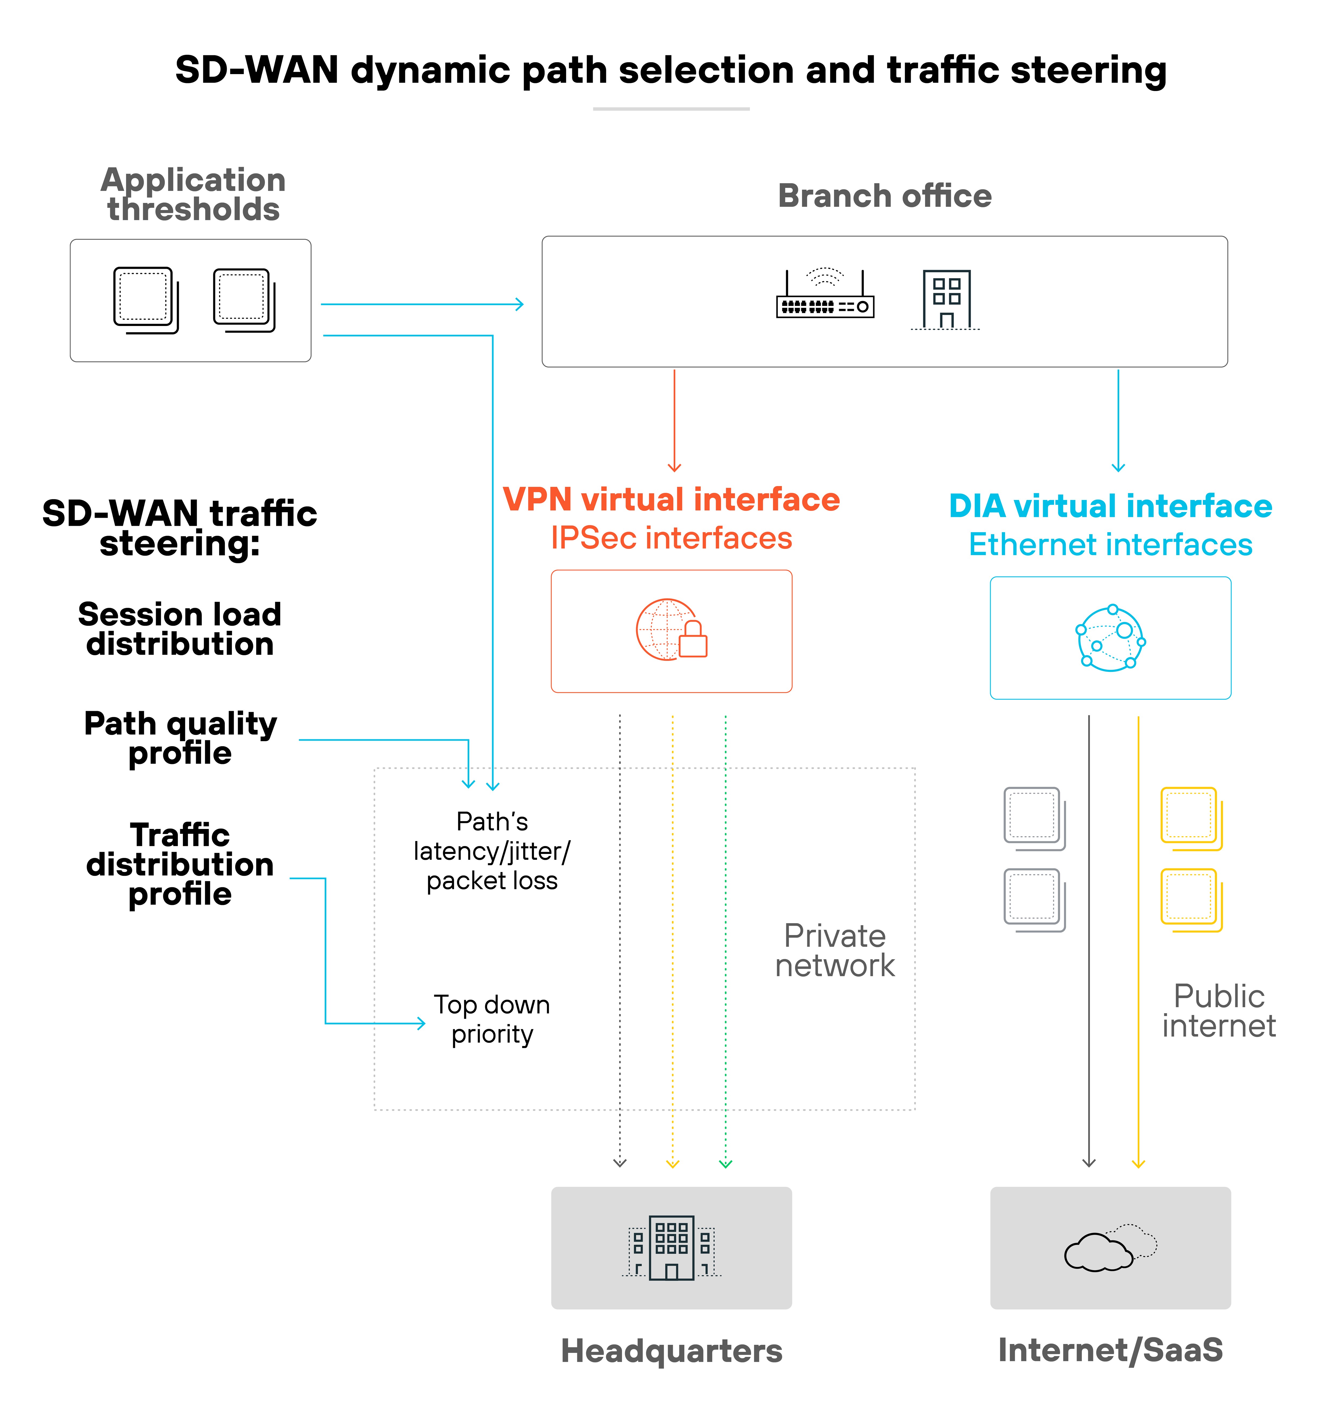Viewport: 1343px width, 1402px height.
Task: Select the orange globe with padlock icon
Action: tap(670, 629)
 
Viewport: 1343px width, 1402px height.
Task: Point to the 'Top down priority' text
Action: tap(492, 1019)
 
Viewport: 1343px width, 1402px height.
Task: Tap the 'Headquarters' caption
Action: tap(671, 1350)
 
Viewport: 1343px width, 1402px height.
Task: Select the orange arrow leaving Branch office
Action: tap(674, 422)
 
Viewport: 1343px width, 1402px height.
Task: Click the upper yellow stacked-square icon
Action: tap(1191, 818)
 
